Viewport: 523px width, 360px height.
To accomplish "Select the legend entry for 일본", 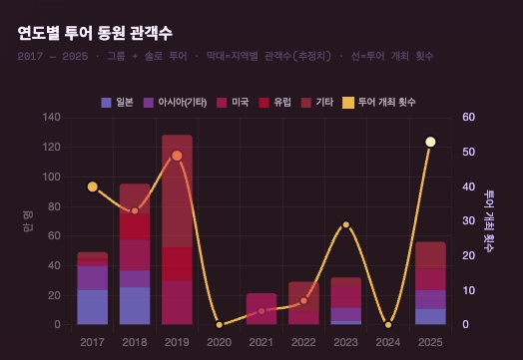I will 118,103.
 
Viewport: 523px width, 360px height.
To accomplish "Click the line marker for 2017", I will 92,186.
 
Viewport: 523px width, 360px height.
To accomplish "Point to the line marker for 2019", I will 177,156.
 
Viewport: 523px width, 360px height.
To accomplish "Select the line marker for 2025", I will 430,142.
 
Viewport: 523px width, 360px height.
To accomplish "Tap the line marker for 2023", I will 345,224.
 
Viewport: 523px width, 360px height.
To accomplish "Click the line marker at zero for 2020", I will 219,325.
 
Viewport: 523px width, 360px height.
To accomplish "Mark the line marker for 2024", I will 388,325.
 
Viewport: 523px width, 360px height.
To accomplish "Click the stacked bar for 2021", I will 261,309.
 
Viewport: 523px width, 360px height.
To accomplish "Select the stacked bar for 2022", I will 303,303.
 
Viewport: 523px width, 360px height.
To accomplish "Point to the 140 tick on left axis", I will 52,118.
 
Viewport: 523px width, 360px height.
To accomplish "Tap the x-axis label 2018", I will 135,341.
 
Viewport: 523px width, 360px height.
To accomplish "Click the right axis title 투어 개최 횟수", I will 489,221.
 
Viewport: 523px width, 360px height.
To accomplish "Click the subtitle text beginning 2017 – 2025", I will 225,56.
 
